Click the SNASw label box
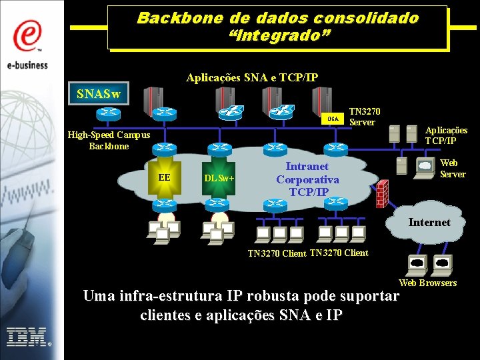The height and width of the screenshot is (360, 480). click(x=99, y=94)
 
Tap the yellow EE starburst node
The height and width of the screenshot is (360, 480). click(x=164, y=177)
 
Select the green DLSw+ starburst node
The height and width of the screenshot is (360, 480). click(x=219, y=178)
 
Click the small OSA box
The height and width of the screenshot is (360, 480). click(x=333, y=119)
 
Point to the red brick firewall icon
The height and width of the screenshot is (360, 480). click(x=381, y=193)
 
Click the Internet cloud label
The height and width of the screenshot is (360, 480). click(x=429, y=222)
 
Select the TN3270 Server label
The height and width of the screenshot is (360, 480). click(x=365, y=117)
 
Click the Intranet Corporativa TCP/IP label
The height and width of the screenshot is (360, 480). click(x=307, y=179)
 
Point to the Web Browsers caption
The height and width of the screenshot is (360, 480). click(x=427, y=283)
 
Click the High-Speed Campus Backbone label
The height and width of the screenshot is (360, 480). click(x=109, y=140)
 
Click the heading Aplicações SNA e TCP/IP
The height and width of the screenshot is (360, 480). click(x=252, y=78)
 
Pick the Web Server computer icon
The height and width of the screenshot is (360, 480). click(x=424, y=168)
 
